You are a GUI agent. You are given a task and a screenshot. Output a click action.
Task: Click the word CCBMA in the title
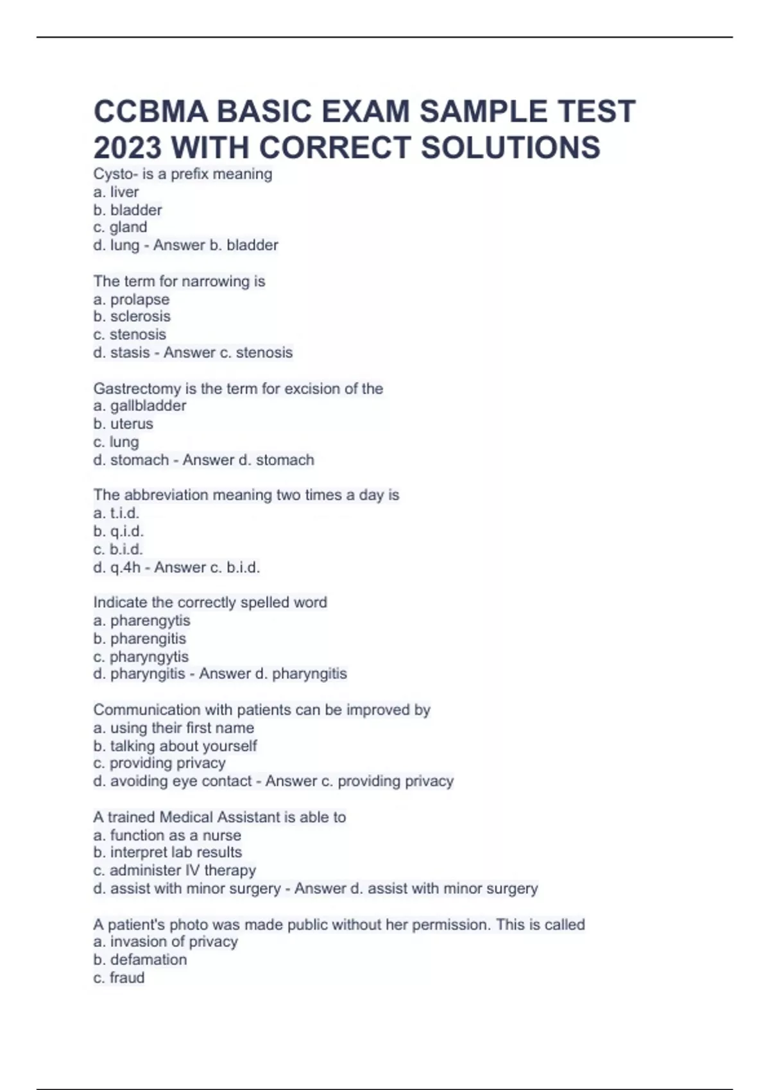coord(151,112)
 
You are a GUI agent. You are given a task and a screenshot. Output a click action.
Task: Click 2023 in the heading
coord(127,147)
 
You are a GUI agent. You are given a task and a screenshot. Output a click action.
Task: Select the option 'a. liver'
coord(116,192)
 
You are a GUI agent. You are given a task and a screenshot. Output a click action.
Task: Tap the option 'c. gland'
coord(120,227)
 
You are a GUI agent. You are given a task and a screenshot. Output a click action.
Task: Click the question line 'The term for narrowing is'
coord(179,281)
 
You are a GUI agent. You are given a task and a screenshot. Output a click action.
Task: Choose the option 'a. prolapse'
coord(132,299)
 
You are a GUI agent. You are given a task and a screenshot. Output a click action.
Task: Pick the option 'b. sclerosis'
coord(132,316)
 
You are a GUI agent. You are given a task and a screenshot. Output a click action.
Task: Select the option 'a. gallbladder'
coord(140,405)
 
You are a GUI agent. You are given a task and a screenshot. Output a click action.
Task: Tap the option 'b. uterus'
coord(123,424)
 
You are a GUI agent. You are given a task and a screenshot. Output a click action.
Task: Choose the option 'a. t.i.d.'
coord(116,513)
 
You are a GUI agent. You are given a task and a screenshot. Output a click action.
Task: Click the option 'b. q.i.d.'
coord(118,531)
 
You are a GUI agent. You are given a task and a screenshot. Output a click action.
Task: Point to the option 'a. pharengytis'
coord(142,620)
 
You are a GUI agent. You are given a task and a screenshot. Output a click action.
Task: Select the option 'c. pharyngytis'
coord(141,657)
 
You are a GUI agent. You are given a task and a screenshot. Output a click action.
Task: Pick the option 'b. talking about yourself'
coord(175,746)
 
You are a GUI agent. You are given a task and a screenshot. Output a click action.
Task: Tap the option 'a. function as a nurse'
coord(167,835)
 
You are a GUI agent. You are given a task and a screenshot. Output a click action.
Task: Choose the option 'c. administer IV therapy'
coord(175,870)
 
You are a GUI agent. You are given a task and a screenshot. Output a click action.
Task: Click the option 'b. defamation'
coord(140,959)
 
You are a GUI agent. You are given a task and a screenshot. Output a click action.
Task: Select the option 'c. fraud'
coord(119,978)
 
